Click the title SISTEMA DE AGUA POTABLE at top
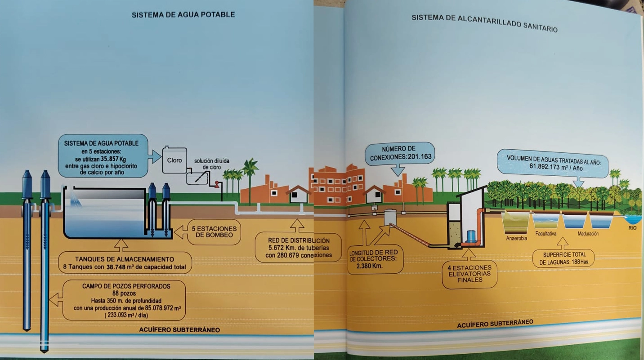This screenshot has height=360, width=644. click(183, 15)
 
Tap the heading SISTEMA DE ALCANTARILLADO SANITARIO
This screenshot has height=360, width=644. click(484, 23)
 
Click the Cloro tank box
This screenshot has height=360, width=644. click(174, 160)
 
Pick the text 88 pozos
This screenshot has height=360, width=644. click(124, 293)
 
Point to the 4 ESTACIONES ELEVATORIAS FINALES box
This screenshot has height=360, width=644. click(469, 274)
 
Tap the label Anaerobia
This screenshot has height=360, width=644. click(516, 238)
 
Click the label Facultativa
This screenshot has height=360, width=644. click(547, 234)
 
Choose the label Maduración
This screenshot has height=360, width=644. click(588, 234)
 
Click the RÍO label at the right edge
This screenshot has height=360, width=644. click(632, 228)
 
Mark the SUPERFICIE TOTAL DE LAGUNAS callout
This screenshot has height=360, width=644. click(563, 258)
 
